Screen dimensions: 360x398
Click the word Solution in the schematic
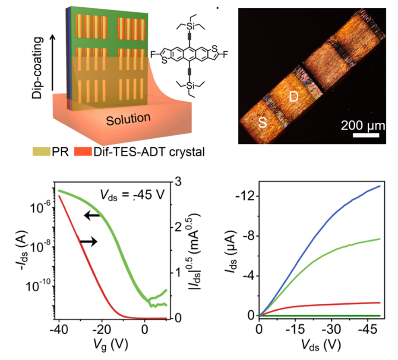point(128,118)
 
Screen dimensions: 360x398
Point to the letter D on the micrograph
point(294,97)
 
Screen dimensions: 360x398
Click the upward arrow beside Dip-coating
point(54,64)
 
